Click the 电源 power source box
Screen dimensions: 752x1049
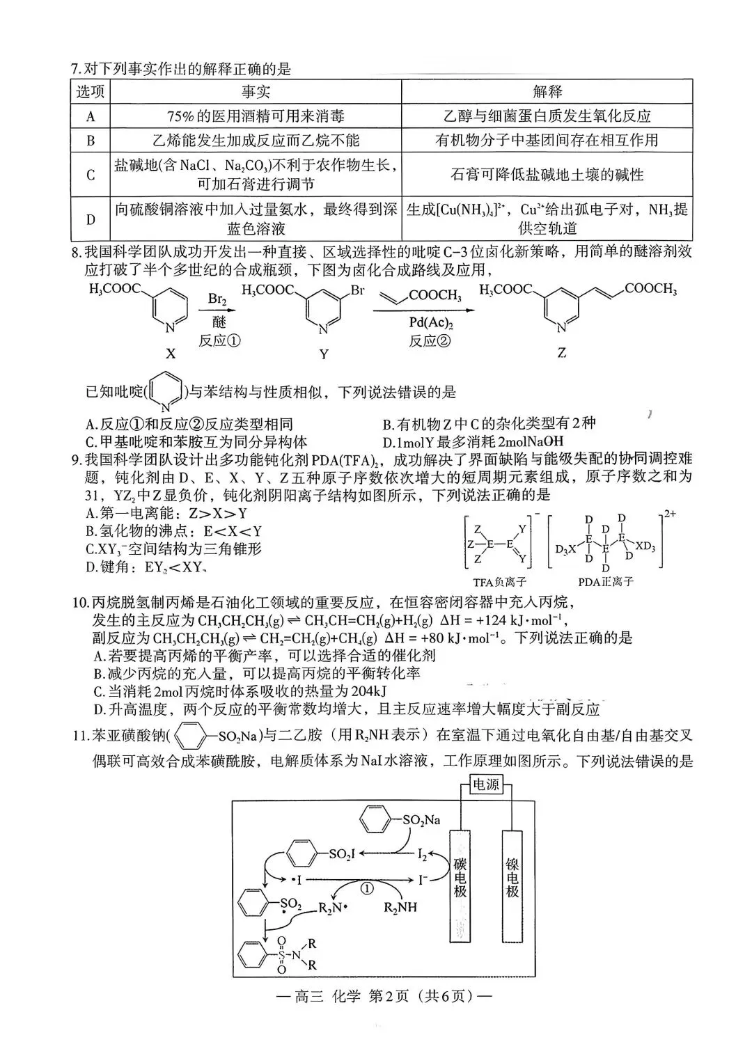coord(486,784)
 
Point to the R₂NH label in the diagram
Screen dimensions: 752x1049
coord(401,907)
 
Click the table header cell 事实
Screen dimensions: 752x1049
coord(256,92)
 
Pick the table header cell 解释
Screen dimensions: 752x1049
coord(547,92)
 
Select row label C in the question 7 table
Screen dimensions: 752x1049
coord(91,175)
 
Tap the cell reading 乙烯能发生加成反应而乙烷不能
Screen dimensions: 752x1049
coord(256,140)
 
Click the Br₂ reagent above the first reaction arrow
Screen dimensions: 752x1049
coord(217,299)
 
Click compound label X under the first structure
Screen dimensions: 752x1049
coord(171,354)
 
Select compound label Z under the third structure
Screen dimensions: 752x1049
coord(562,353)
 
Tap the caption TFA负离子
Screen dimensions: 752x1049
coord(499,581)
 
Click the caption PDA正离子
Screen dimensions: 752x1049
coord(605,581)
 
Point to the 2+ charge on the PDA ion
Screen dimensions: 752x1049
coord(671,514)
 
